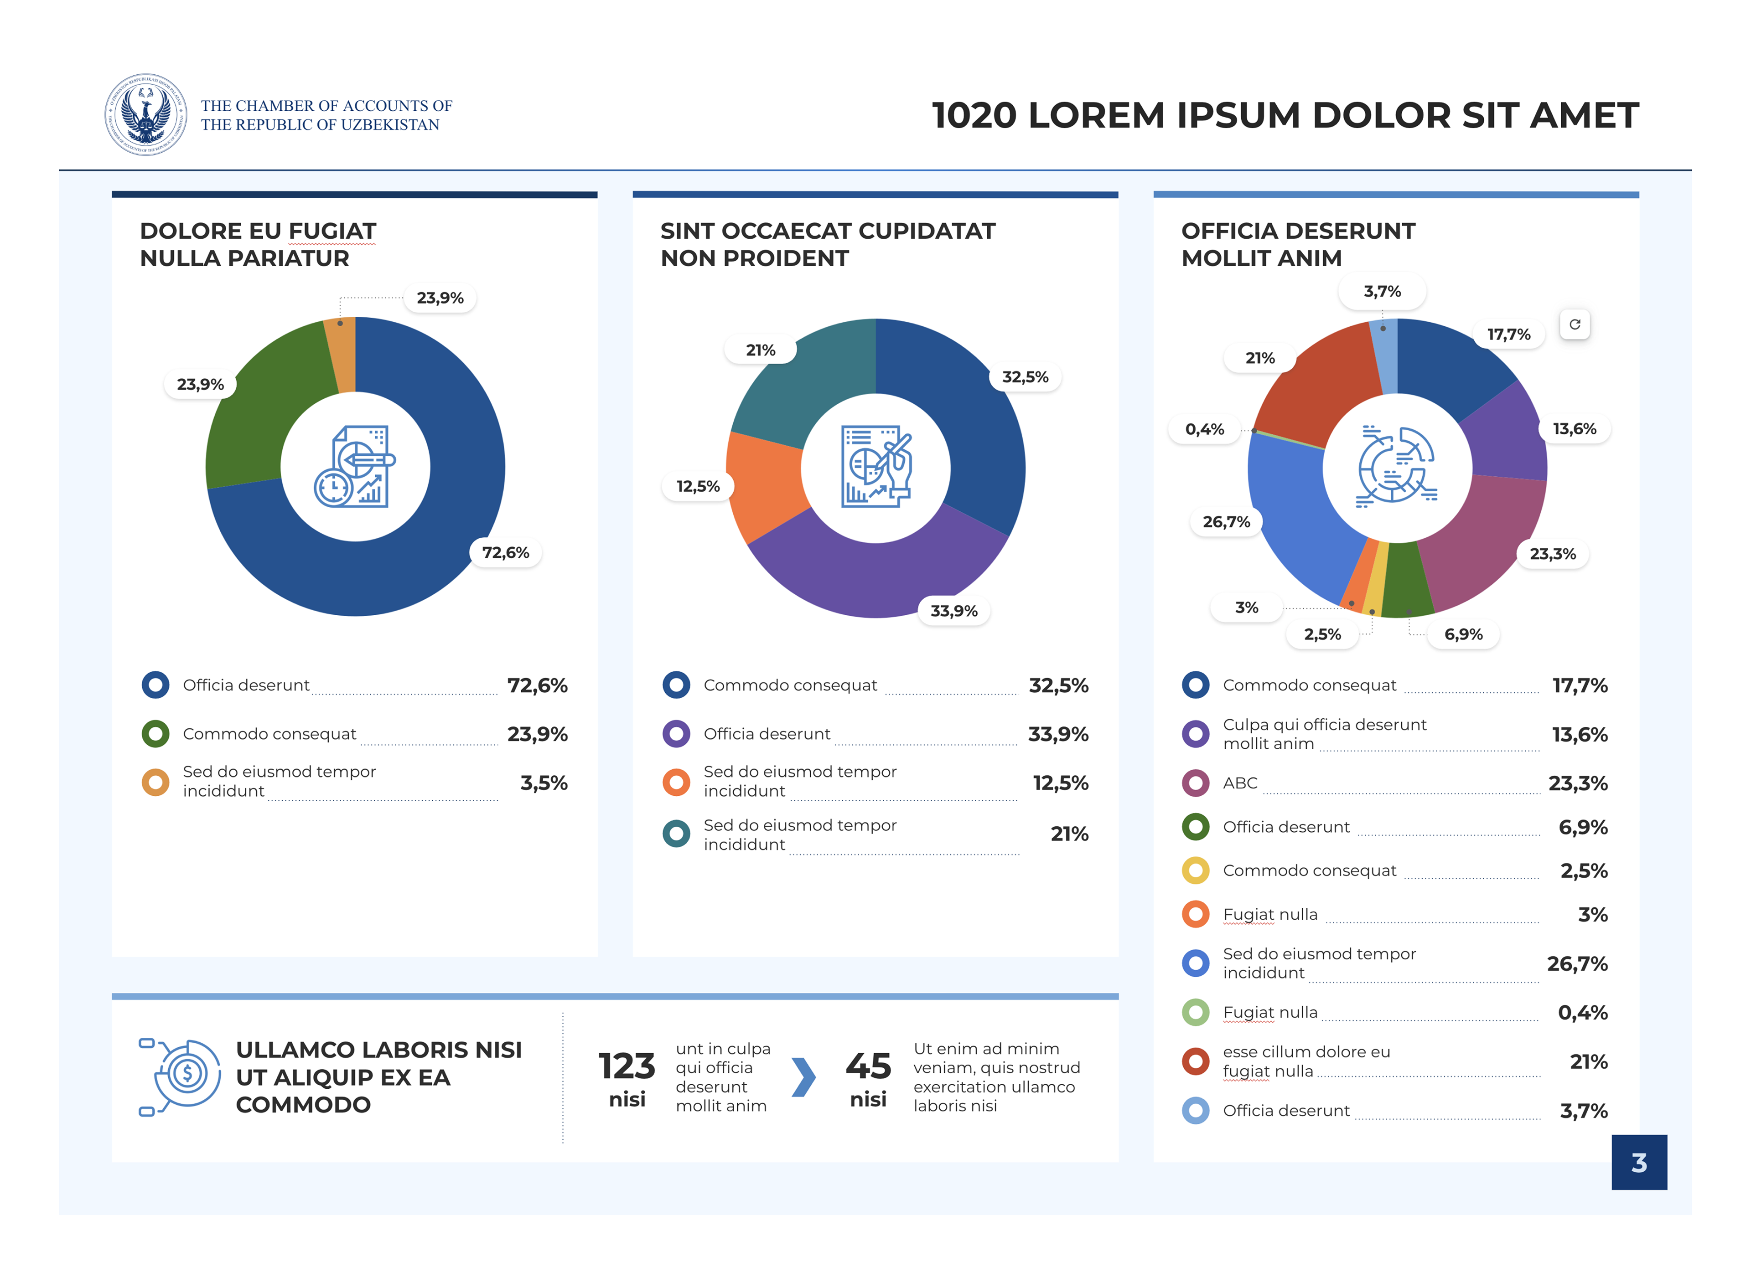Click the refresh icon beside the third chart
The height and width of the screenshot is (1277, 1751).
tap(1574, 324)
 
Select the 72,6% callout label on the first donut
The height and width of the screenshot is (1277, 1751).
tap(506, 553)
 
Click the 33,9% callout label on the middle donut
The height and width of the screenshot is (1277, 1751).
tap(953, 611)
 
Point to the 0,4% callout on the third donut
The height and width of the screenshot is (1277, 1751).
tap(1204, 429)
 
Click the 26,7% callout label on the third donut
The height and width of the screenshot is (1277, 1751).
tap(1226, 522)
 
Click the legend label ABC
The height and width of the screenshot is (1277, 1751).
tap(1240, 783)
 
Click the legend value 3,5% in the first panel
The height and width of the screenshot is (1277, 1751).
tap(544, 783)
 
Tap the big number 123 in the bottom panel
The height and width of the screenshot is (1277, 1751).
tap(627, 1067)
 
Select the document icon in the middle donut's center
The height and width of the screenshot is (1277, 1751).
tap(875, 467)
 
